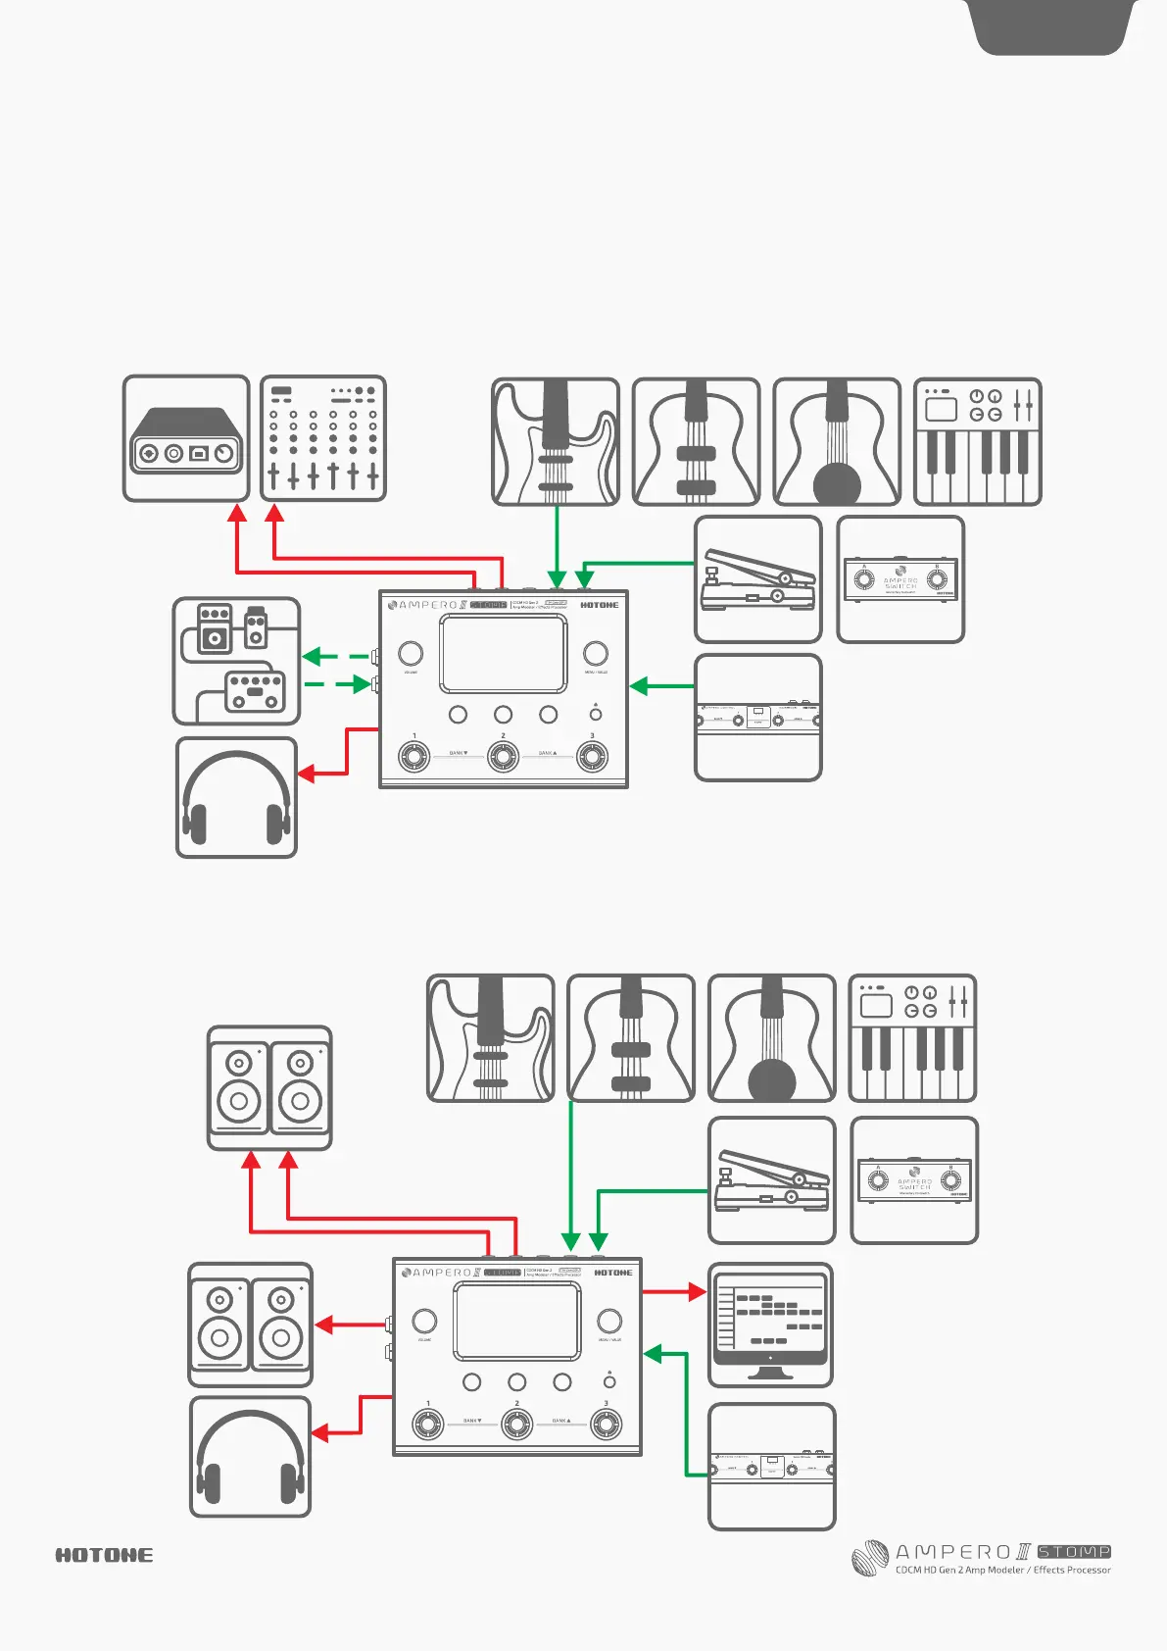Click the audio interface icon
click(x=186, y=438)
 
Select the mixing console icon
click(x=323, y=438)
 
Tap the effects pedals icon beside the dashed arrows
click(x=236, y=661)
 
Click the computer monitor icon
click(x=770, y=1324)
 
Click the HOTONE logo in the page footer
click(x=104, y=1555)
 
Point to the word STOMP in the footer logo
click(x=1074, y=1552)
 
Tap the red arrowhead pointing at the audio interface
click(x=237, y=513)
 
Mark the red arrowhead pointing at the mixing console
click(x=275, y=513)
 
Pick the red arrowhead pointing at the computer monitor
click(x=697, y=1291)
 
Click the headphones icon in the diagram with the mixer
click(x=236, y=798)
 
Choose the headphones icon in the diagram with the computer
click(x=250, y=1457)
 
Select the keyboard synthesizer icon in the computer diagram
click(x=912, y=1038)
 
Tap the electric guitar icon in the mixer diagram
click(x=556, y=441)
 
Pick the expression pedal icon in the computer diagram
click(x=771, y=1180)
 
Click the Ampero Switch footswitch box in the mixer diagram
click(x=900, y=579)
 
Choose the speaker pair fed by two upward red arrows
click(x=269, y=1088)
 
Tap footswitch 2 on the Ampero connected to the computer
click(x=516, y=1424)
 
